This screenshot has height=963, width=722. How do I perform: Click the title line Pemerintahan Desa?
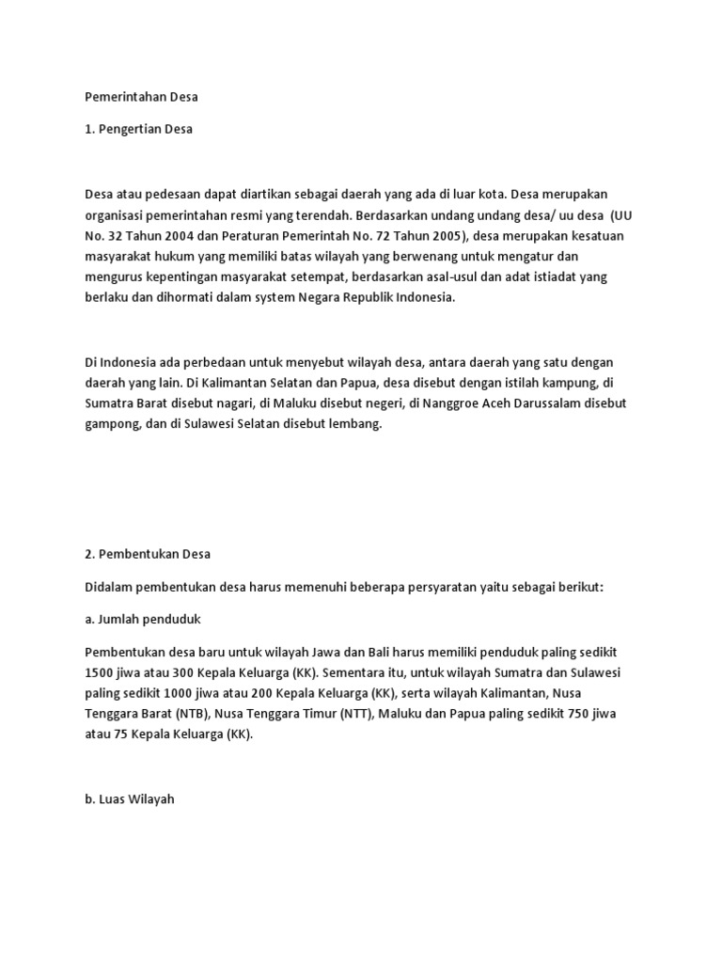[141, 97]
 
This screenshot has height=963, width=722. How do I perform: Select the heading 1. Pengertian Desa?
[138, 129]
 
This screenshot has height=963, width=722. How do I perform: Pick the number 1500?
[100, 672]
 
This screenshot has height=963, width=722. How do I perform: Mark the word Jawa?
[361, 652]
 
